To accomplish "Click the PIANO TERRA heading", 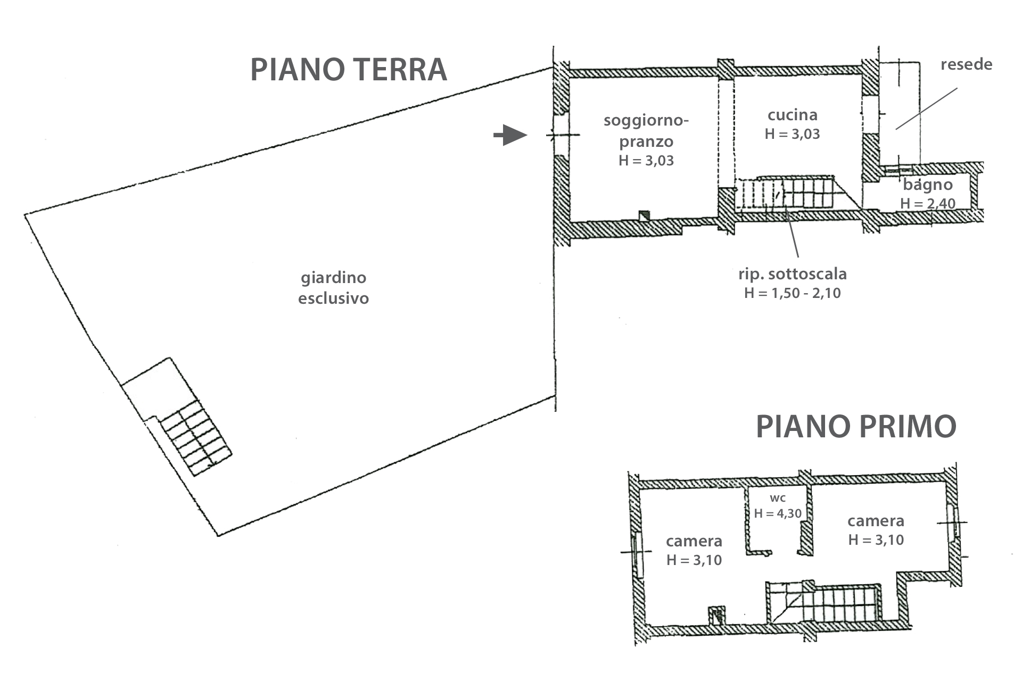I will (x=349, y=70).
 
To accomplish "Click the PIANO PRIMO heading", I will (x=856, y=427).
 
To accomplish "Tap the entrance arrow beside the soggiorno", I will (x=510, y=135).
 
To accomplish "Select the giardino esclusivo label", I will (x=333, y=288).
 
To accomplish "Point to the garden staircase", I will (x=196, y=438).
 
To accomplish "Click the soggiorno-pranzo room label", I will (x=646, y=131).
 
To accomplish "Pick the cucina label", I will (x=792, y=115).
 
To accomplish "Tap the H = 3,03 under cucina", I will (x=792, y=134).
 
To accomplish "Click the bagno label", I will (x=927, y=185).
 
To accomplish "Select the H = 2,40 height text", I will (x=927, y=203).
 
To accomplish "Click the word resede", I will (x=966, y=65).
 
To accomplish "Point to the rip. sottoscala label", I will (x=792, y=274).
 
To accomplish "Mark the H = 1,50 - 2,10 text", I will (x=792, y=293).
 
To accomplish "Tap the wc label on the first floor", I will (x=778, y=499).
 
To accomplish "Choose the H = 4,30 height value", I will (x=778, y=513).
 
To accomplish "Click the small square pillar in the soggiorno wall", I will (x=644, y=215).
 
